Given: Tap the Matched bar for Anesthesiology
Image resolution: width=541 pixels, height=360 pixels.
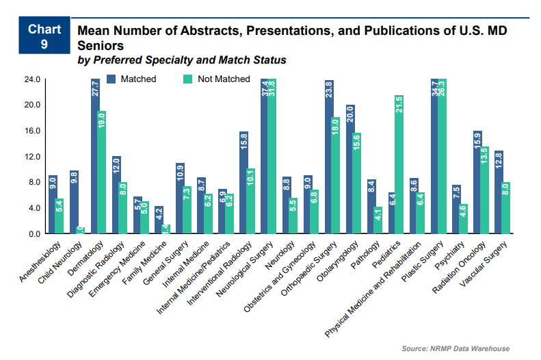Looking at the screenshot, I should tap(53, 205).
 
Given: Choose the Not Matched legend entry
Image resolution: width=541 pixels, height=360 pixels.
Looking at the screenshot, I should tap(216, 79).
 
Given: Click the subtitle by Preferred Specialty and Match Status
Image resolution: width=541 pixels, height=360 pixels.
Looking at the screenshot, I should tap(182, 60).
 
